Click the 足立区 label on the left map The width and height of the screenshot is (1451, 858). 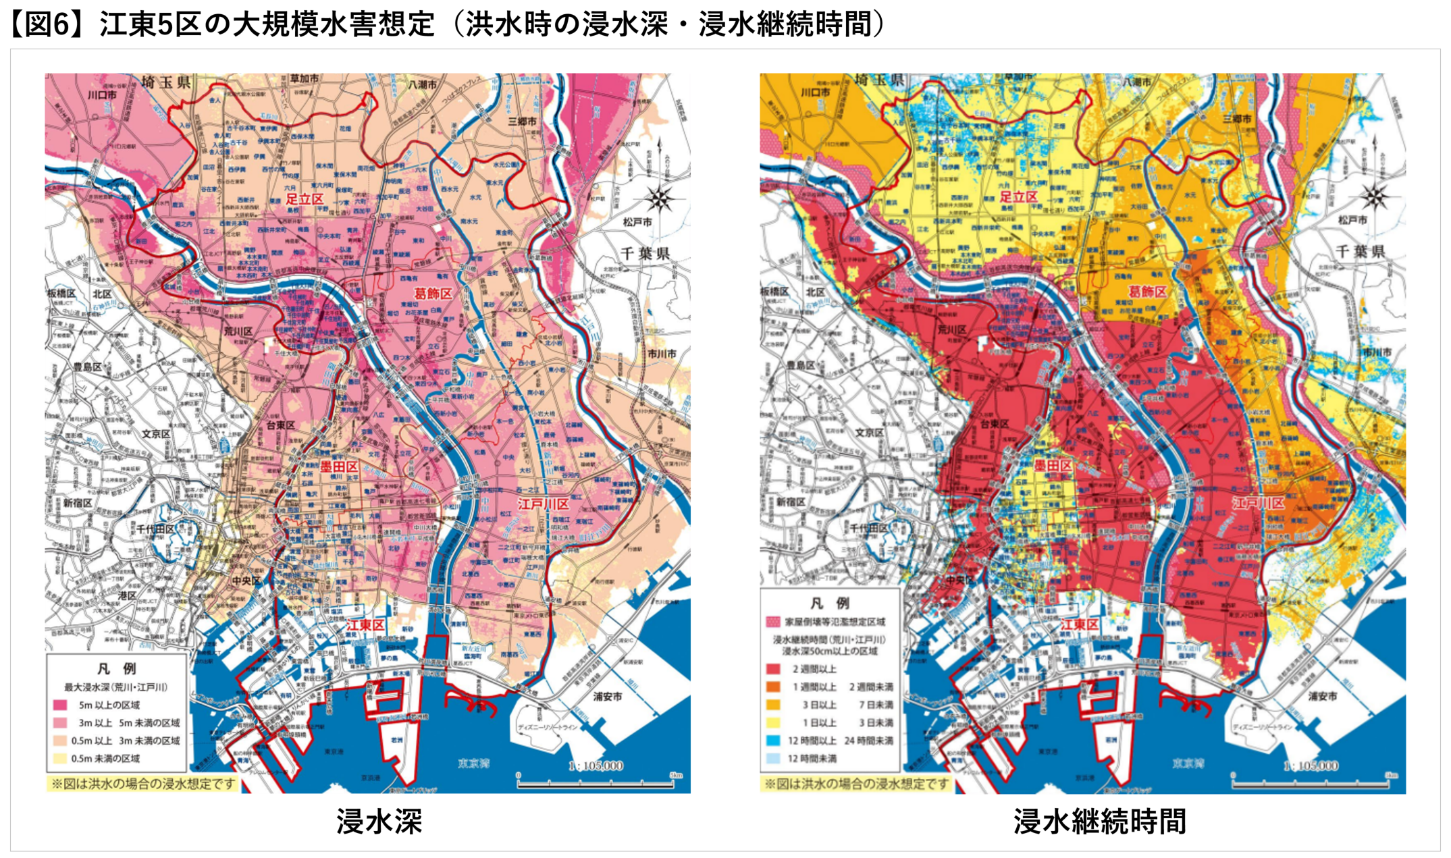305,198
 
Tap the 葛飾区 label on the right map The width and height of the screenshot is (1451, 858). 1147,292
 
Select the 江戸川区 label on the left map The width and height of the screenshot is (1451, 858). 544,504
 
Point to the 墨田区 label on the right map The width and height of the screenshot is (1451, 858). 1053,466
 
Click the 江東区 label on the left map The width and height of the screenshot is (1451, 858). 365,625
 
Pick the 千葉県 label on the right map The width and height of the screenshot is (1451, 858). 1361,252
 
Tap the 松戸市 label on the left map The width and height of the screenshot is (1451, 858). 637,221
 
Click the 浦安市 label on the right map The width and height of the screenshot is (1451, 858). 1323,696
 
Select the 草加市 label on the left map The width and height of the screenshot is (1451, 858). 305,79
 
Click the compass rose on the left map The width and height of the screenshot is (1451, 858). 660,199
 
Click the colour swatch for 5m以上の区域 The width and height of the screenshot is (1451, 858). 60,705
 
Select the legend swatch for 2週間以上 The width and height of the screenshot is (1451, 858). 774,669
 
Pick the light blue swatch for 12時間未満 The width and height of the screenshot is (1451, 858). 774,758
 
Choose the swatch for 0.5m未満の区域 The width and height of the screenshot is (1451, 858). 60,758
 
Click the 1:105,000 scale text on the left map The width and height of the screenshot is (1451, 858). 596,766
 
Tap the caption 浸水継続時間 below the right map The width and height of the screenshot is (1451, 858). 1099,822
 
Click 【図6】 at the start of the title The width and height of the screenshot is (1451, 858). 49,24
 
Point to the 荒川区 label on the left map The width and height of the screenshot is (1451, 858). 238,331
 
